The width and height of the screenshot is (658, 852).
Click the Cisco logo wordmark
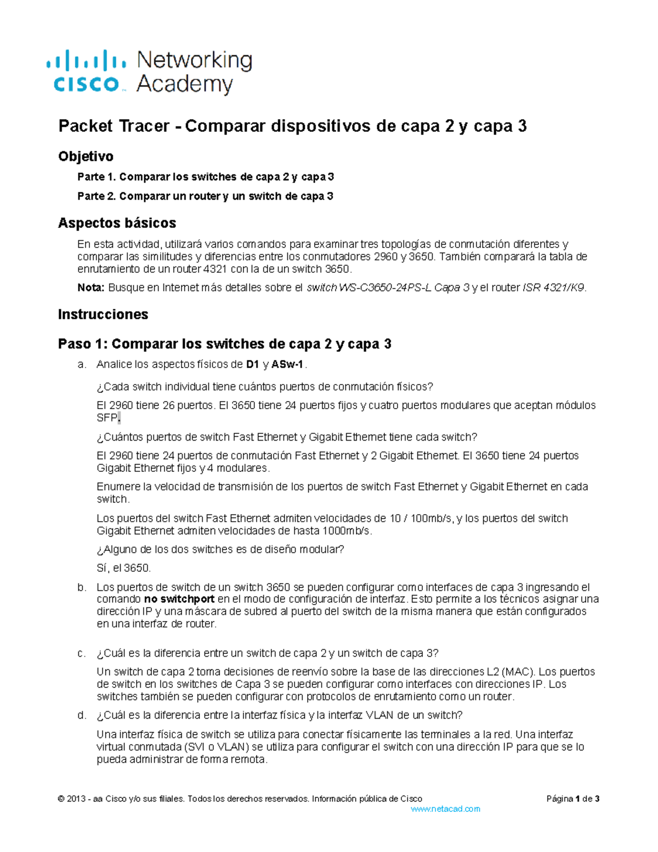pos(86,84)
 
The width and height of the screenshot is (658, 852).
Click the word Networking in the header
pos(194,60)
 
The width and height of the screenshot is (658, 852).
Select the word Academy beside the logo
pos(184,84)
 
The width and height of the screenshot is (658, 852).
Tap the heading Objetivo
pos(86,156)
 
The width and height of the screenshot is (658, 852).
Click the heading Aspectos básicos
pos(117,223)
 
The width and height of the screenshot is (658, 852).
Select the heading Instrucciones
pos(103,314)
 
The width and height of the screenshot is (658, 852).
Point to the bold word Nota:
pos(90,287)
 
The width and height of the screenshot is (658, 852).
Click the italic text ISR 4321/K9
pos(554,287)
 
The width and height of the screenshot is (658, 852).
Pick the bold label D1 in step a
pos(253,364)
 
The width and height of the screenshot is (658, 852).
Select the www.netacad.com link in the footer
pos(445,809)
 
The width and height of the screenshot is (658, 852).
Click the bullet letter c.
pos(81,653)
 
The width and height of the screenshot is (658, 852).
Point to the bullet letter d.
pos(81,715)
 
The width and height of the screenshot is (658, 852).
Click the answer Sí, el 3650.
pos(123,568)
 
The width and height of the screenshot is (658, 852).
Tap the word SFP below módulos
pos(106,418)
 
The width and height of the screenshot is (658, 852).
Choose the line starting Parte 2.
pos(205,196)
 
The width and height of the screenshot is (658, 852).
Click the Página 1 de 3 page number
pos(572,799)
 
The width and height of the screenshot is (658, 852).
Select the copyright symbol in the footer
pos(60,799)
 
